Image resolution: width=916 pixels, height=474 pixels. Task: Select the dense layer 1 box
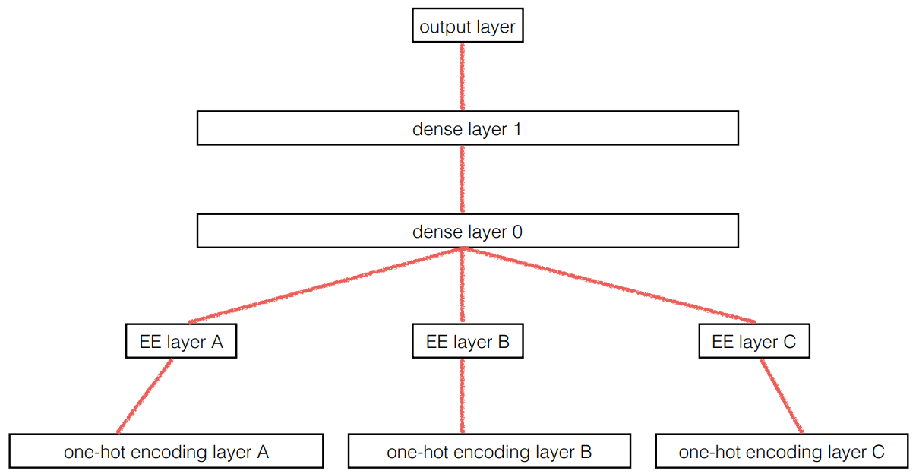pos(467,128)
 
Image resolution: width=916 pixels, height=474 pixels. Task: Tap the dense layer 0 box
pos(467,231)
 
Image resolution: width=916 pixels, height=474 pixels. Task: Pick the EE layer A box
pos(181,342)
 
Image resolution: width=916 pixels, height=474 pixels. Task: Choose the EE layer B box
pos(467,342)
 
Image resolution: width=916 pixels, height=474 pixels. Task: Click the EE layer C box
pos(753,342)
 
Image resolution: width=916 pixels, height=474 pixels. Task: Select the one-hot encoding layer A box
pos(166,452)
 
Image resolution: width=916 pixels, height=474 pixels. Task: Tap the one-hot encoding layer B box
pos(489,452)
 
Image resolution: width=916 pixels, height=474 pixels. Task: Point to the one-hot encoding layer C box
pos(781,452)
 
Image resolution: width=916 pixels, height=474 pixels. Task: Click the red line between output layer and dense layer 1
pos(463,77)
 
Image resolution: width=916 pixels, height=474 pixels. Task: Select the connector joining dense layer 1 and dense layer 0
pos(463,179)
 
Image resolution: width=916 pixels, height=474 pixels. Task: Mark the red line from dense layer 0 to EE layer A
pos(327,286)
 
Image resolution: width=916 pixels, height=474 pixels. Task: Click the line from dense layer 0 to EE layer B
pos(463,287)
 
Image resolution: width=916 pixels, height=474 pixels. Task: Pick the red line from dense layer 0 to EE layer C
pos(608,285)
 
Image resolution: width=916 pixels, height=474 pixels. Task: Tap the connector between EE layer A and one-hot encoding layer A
pos(145,395)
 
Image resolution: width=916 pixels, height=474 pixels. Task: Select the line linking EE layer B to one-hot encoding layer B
pos(463,396)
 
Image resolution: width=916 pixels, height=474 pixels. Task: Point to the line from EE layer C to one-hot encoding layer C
pos(782,395)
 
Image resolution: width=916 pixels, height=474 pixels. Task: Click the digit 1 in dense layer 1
pos(516,129)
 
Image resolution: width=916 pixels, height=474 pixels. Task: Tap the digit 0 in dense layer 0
pos(516,232)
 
